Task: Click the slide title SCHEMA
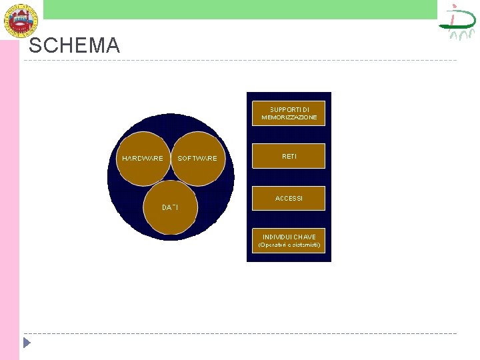[74, 45]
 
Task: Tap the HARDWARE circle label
[142, 158]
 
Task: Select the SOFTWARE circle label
[197, 158]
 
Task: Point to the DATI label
[170, 207]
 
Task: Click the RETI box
[289, 156]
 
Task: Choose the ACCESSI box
[289, 198]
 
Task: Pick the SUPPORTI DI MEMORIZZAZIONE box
[289, 113]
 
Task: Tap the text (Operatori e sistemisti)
[289, 245]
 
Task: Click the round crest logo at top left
[21, 19]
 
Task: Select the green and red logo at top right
[457, 21]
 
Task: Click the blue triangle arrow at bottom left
[26, 343]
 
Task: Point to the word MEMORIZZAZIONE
[289, 117]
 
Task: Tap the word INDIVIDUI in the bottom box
[276, 237]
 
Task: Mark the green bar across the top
[240, 9]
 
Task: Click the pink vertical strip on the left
[9, 200]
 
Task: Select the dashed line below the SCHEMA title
[240, 61]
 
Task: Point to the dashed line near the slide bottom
[240, 333]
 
